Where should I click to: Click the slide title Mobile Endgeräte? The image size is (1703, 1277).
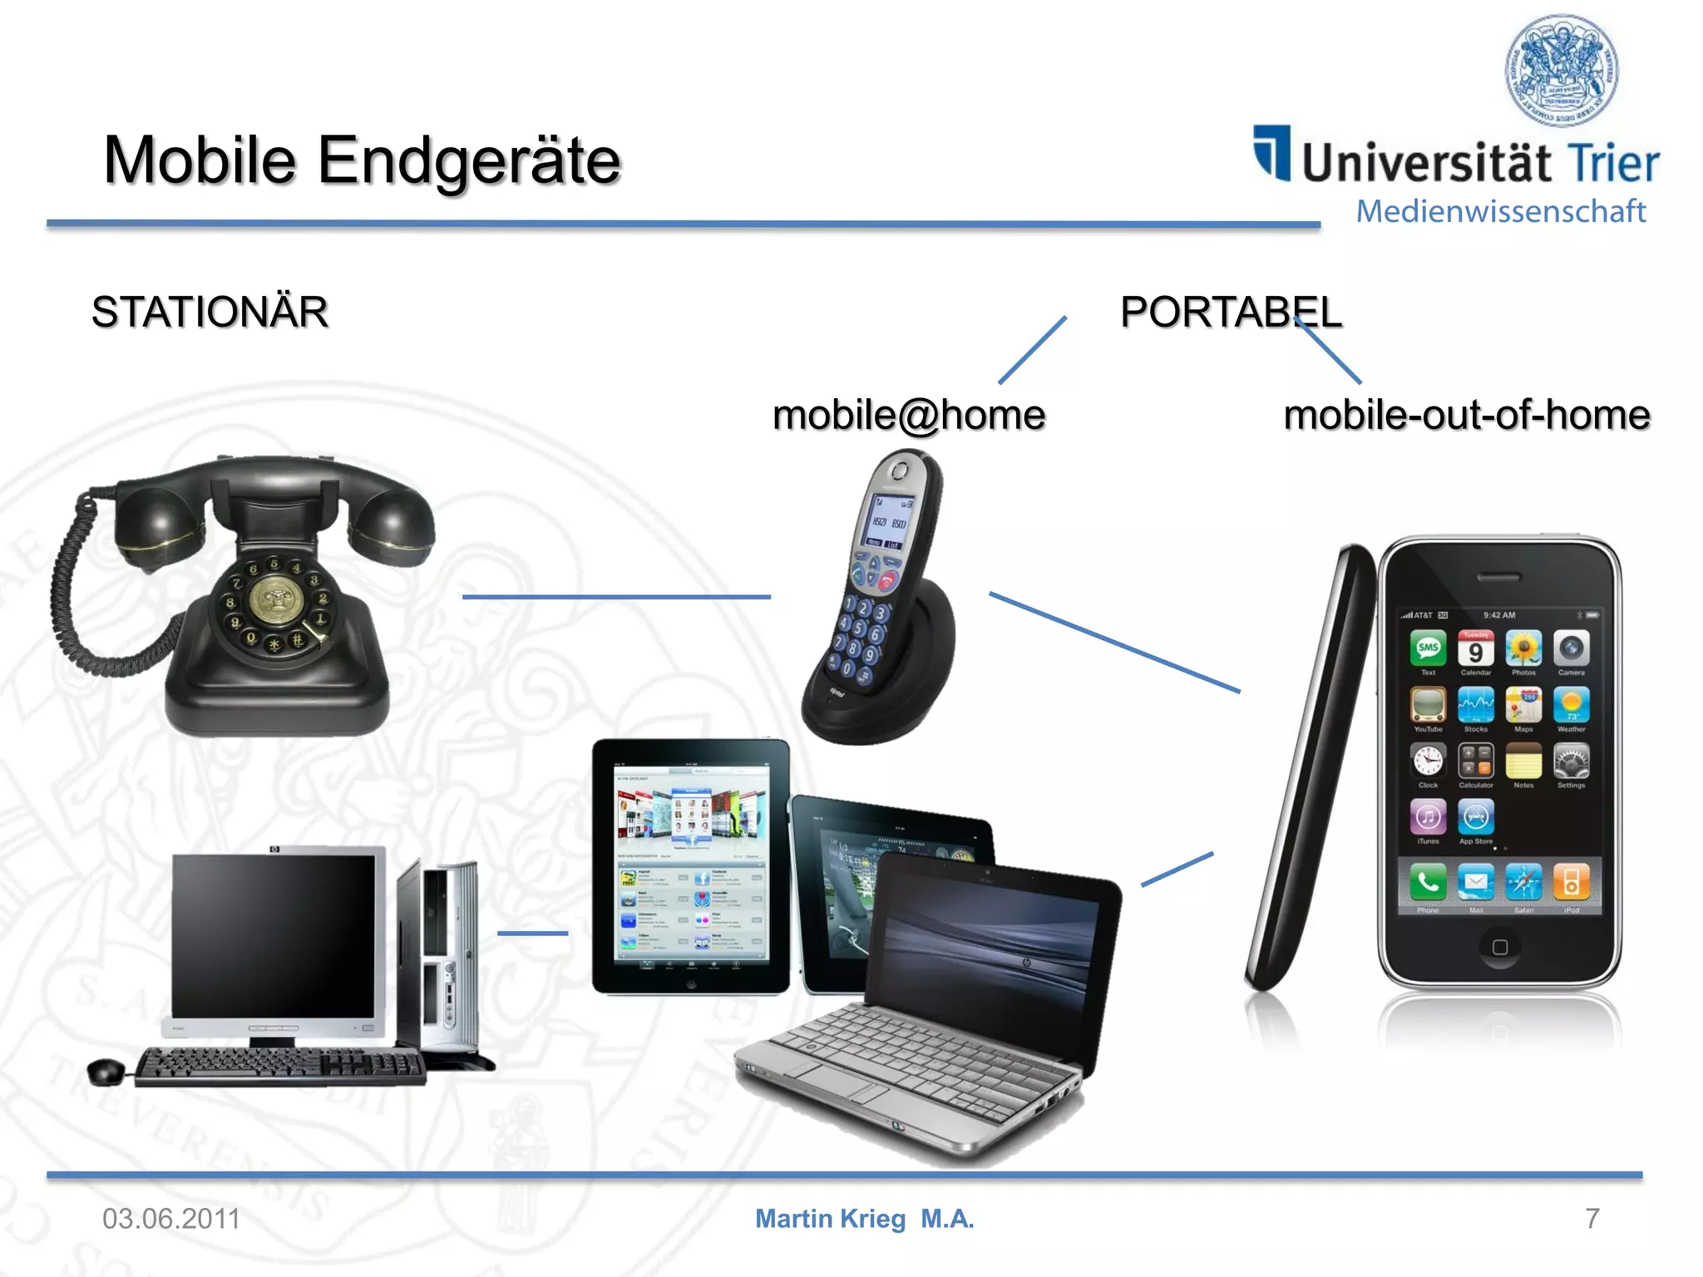click(362, 160)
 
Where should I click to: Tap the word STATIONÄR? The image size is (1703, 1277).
click(210, 313)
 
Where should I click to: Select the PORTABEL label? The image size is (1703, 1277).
click(1231, 313)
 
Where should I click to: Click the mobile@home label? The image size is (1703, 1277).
click(909, 415)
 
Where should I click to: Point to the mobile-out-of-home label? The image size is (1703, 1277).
click(1467, 415)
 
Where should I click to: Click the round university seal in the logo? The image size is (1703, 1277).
click(1562, 71)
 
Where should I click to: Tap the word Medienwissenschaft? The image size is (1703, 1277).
click(1501, 211)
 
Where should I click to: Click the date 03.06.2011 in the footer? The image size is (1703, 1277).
click(171, 1219)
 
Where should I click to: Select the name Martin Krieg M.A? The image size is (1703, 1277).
click(864, 1219)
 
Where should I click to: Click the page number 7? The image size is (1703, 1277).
click(1592, 1219)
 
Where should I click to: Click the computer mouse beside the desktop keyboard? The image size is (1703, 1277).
click(106, 1072)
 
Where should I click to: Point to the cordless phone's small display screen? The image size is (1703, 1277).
click(891, 520)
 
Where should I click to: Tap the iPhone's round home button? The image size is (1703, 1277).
click(1500, 947)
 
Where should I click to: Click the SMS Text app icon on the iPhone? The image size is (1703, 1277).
click(1428, 648)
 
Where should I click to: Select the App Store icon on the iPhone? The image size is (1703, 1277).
click(1475, 817)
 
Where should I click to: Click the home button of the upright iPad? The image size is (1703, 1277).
click(690, 984)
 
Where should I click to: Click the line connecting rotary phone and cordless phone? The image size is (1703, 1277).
click(615, 597)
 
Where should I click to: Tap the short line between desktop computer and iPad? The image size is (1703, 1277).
click(532, 934)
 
